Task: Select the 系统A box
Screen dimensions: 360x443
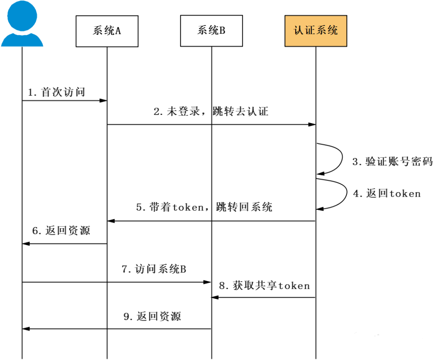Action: pos(107,31)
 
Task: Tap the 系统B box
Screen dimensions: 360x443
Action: pos(211,31)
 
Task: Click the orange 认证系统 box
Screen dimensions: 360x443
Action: pos(316,31)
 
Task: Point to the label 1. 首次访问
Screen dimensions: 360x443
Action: pos(57,92)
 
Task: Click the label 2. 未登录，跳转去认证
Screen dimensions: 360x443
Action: pos(211,111)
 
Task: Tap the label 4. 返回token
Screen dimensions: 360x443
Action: pos(387,193)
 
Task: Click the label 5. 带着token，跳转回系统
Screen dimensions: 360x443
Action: pos(204,207)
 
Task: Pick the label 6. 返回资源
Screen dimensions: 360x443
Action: pos(61,231)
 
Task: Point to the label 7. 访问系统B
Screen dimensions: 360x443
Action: pos(154,269)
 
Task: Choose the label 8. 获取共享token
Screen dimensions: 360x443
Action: pos(264,286)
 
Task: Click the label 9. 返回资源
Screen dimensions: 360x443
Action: pos(152,316)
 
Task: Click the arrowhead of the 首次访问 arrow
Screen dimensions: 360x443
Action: pos(104,101)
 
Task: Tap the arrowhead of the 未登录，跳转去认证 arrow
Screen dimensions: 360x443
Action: pos(313,124)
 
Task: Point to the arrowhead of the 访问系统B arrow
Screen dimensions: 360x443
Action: pos(208,282)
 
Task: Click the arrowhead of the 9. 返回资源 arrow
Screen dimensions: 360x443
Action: pos(25,329)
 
